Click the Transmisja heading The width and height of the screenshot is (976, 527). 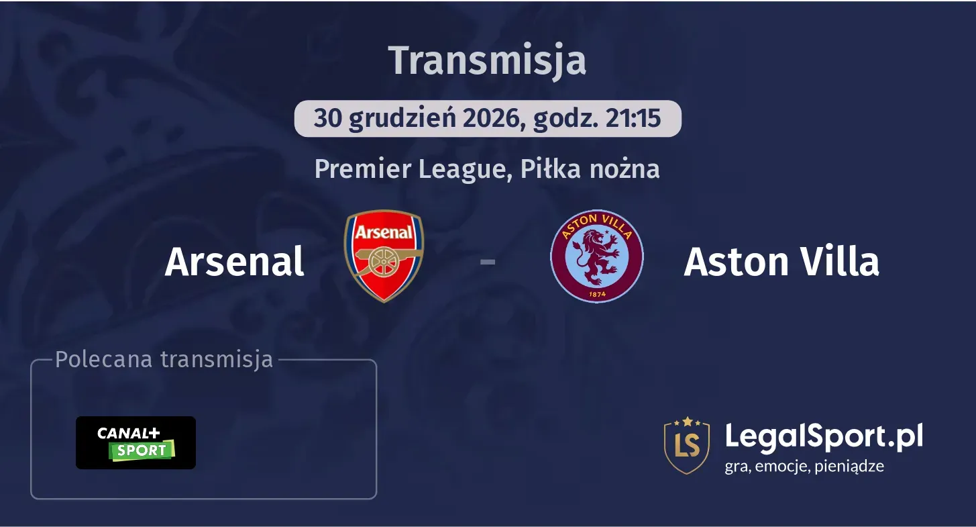tap(488, 60)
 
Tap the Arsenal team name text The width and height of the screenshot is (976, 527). tap(234, 261)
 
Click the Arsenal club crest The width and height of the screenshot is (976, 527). tap(384, 256)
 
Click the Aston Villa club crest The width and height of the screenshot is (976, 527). tap(596, 256)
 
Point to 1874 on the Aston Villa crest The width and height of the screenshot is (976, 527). tap(596, 293)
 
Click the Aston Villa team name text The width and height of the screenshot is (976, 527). tap(781, 261)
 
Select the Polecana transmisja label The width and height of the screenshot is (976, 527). tap(164, 359)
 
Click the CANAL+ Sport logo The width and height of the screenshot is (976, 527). tap(135, 442)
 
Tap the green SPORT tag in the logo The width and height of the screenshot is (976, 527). tap(142, 450)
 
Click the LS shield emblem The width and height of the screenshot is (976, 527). tap(687, 445)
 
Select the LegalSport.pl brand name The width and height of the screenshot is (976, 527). tap(824, 436)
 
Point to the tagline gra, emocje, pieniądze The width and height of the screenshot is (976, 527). tap(804, 466)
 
